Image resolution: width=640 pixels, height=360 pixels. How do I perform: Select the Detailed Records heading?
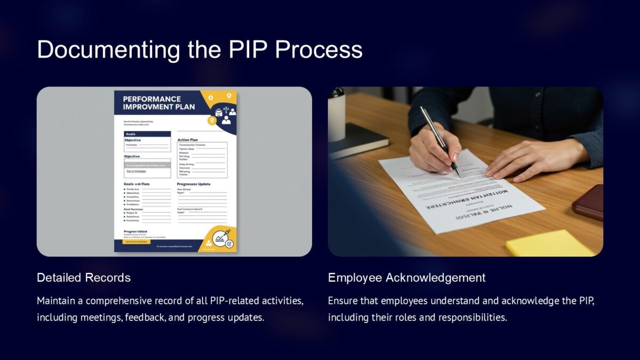(x=84, y=277)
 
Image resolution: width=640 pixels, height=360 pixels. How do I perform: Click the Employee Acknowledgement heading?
(x=406, y=277)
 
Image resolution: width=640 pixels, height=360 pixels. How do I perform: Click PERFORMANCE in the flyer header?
(x=151, y=99)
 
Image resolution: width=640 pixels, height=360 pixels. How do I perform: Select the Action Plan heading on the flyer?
(x=188, y=140)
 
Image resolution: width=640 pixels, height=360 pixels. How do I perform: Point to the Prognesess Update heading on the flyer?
(x=194, y=184)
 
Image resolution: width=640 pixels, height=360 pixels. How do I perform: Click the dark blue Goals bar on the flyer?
(x=147, y=134)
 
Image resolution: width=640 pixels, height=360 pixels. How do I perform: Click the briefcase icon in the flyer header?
(x=219, y=111)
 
